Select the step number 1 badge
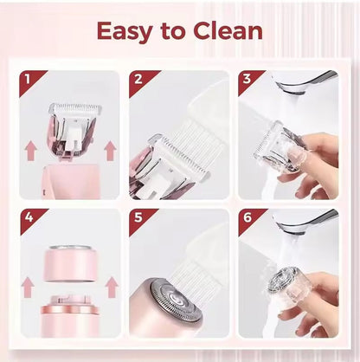(30, 81)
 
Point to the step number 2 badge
(140, 81)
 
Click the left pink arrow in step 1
(31, 150)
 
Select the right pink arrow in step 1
(110, 150)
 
